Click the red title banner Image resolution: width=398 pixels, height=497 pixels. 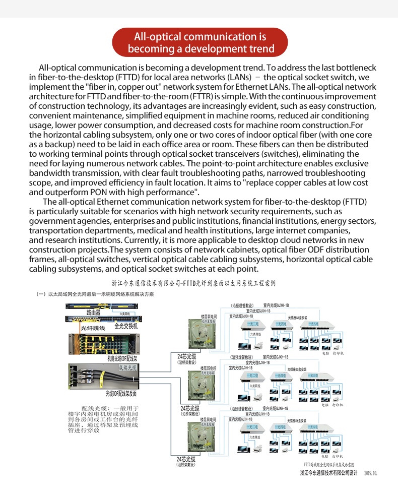[200, 42]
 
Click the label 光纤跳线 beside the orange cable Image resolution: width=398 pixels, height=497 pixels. [93, 328]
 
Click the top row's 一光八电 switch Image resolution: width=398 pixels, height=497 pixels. [319, 324]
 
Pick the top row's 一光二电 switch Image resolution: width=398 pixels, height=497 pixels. [252, 324]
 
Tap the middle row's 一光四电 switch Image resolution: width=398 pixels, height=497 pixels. [281, 376]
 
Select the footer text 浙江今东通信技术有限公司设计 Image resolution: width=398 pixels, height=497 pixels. [328, 473]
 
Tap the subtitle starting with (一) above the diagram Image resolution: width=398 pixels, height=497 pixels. [95, 294]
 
